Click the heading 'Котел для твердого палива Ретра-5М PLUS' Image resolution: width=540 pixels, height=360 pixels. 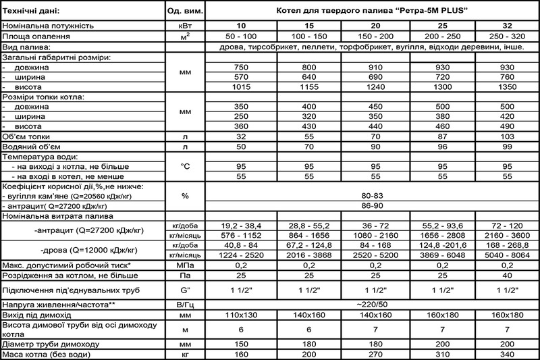pos(373,12)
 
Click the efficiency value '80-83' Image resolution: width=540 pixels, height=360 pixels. pos(373,196)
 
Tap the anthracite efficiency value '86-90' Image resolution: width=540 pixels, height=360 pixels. pos(373,206)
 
